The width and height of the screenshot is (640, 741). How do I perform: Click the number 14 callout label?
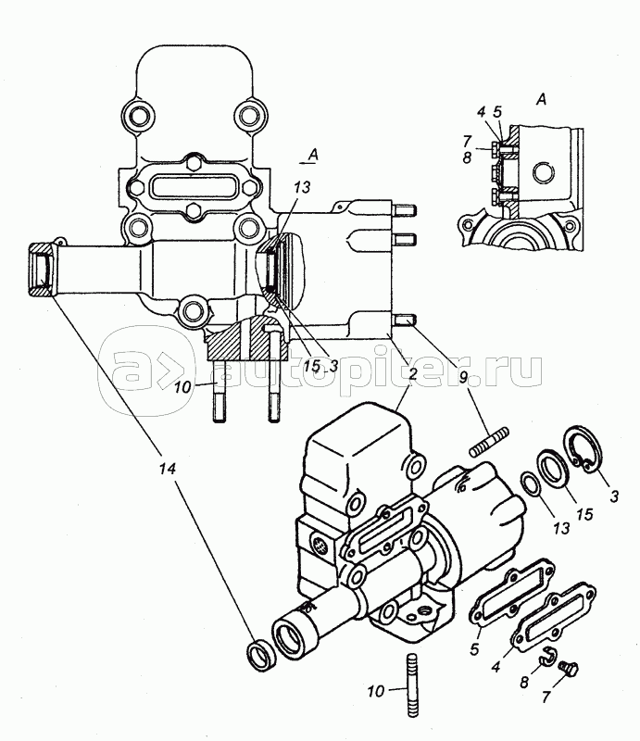pos(168,469)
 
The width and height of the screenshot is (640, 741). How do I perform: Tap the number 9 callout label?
pos(463,377)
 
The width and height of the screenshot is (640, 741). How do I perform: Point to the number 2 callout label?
pos(413,375)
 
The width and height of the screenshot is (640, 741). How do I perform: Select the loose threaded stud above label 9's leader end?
pos(489,442)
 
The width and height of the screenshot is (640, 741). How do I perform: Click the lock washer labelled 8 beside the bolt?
pos(548,655)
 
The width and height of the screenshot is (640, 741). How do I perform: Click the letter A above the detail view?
pos(542,99)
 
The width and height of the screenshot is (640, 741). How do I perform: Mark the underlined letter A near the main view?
pos(312,155)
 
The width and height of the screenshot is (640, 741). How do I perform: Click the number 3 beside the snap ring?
pos(614,496)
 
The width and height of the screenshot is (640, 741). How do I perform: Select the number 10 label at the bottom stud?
pos(376,692)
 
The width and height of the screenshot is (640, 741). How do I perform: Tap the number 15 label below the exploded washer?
pos(584,514)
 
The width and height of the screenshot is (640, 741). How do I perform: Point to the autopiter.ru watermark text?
pos(378,369)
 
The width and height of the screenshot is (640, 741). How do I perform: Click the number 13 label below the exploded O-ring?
pos(561,528)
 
